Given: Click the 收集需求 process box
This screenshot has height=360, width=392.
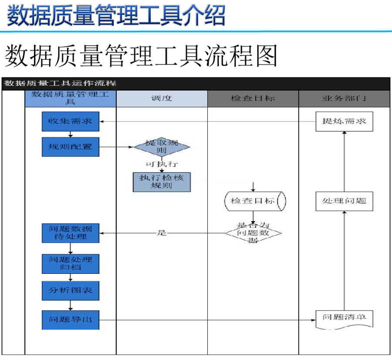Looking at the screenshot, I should pyautogui.click(x=71, y=121).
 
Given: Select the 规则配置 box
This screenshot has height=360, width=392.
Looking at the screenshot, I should pyautogui.click(x=71, y=147).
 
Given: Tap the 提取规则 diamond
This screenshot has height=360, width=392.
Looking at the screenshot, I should pyautogui.click(x=162, y=147).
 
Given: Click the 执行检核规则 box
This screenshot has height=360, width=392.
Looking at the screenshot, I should pyautogui.click(x=162, y=182).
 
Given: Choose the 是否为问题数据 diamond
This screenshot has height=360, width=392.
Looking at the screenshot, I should pyautogui.click(x=253, y=233).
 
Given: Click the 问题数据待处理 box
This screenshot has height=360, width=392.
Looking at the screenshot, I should pyautogui.click(x=71, y=233).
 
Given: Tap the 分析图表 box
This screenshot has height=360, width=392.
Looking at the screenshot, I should pyautogui.click(x=71, y=290).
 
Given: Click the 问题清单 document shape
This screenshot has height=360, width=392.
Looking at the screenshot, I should pyautogui.click(x=345, y=319).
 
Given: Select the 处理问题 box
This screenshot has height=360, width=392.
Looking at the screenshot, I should pyautogui.click(x=345, y=201).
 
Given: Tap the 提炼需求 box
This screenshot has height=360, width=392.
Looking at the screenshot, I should pyautogui.click(x=345, y=121).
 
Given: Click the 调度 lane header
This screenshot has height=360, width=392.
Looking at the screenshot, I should pyautogui.click(x=162, y=99).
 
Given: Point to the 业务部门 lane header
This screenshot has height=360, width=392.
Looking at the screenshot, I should pyautogui.click(x=344, y=99).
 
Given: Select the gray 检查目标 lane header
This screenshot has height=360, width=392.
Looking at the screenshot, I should pyautogui.click(x=253, y=99).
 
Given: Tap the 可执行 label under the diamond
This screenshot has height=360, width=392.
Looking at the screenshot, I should pyautogui.click(x=162, y=164).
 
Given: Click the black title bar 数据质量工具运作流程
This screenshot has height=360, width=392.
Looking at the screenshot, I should pyautogui.click(x=196, y=83).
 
